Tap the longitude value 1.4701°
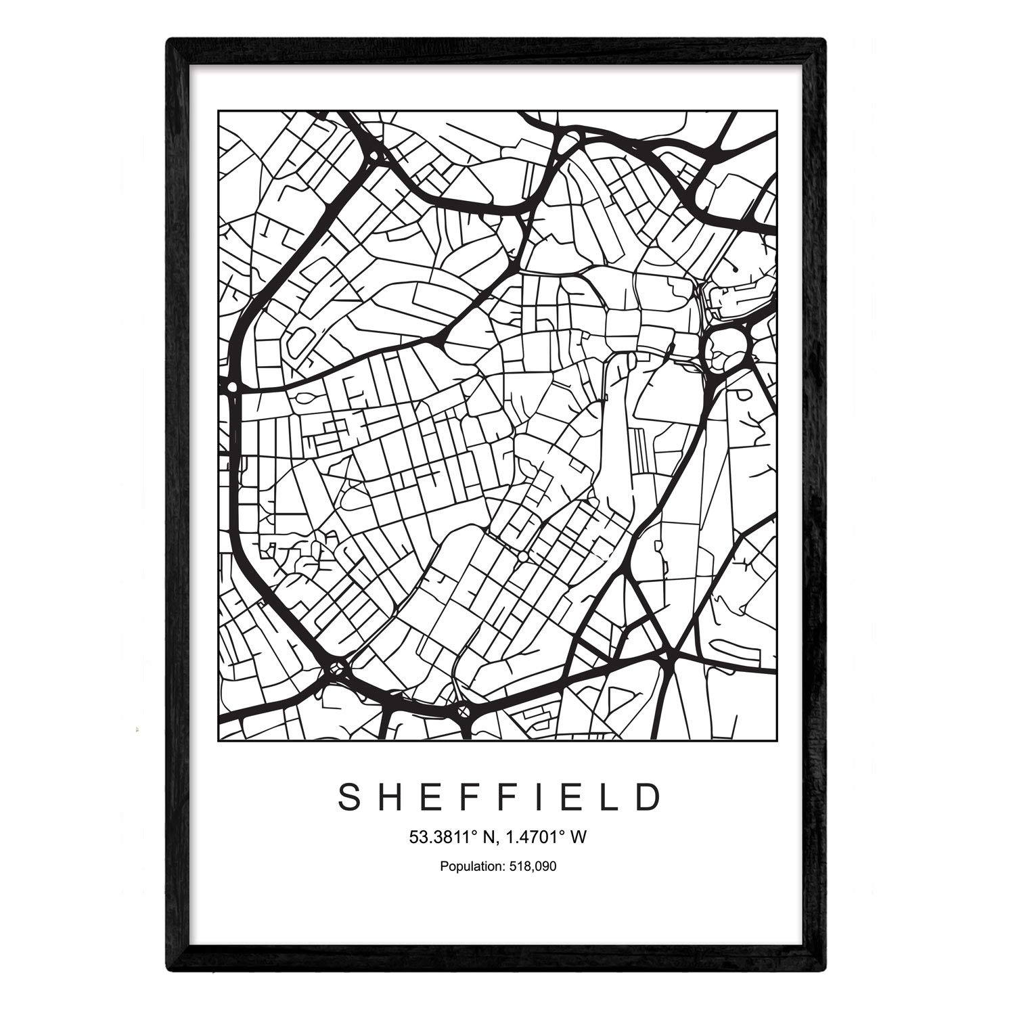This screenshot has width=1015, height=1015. [x=532, y=837]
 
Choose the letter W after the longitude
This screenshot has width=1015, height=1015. [x=577, y=837]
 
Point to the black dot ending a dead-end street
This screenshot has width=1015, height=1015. [x=734, y=269]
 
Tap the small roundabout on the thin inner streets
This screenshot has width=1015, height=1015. [x=523, y=556]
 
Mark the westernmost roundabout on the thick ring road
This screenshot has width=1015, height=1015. [x=233, y=387]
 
